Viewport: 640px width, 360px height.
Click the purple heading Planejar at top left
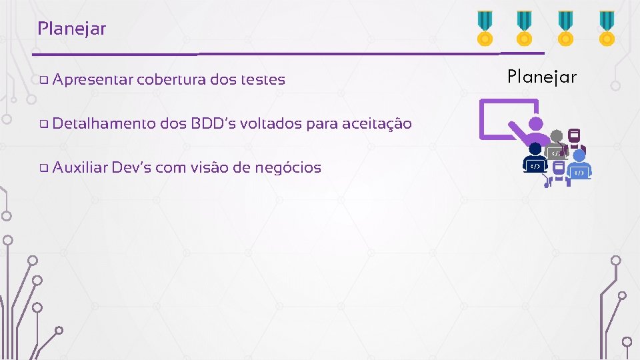click(x=72, y=29)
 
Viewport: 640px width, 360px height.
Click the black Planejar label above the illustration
click(x=541, y=77)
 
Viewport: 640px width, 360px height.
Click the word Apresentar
click(x=92, y=80)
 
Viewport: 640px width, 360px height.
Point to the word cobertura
click(x=171, y=80)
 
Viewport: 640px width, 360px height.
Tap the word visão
click(x=208, y=167)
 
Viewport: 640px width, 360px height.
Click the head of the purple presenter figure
click(x=535, y=123)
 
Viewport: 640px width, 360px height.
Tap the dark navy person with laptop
click(x=535, y=160)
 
